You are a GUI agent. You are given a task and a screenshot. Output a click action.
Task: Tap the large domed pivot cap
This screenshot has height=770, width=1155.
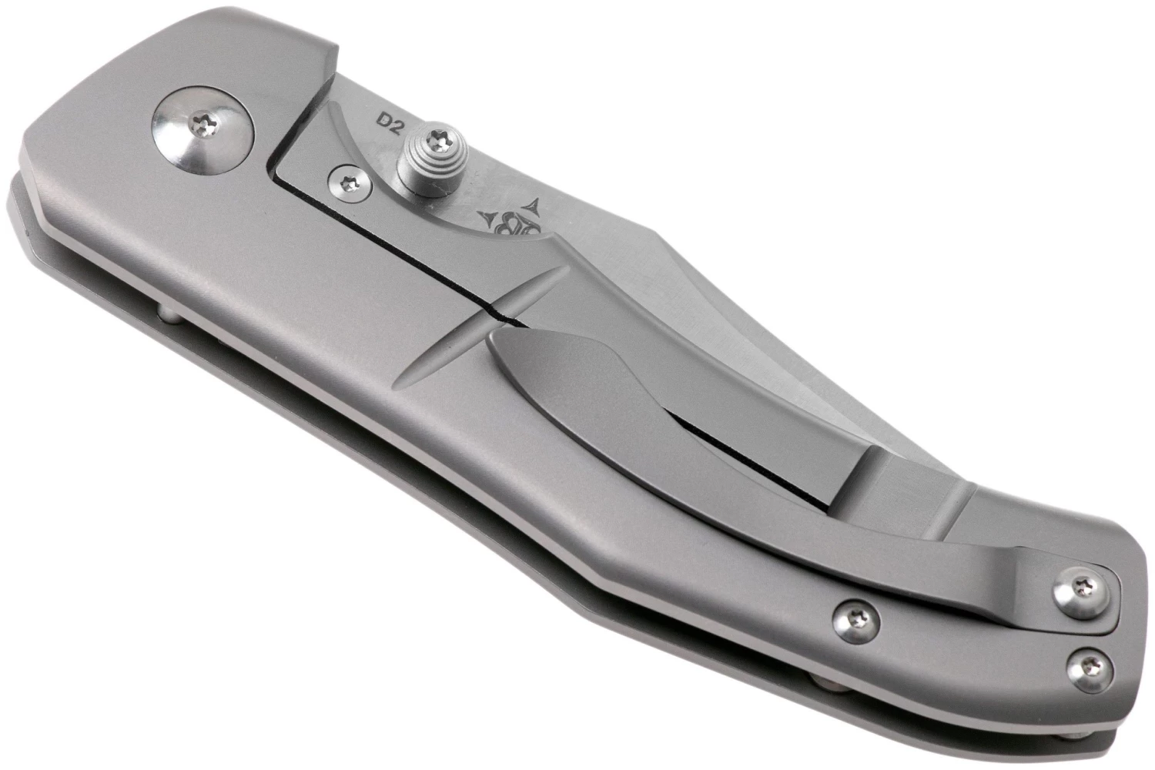point(204,131)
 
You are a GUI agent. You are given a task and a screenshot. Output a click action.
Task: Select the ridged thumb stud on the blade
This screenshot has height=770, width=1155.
point(433,159)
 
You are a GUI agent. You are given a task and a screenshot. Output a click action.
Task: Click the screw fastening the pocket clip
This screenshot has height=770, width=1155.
point(1081,593)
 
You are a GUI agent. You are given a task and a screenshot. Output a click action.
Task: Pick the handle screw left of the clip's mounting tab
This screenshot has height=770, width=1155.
point(856,621)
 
